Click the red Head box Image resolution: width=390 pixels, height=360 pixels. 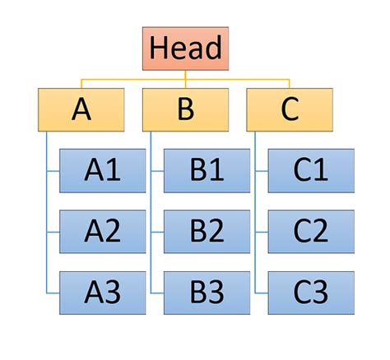pos(185,48)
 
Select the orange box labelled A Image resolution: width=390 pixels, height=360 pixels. pos(81,109)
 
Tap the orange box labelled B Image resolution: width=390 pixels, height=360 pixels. pos(185,109)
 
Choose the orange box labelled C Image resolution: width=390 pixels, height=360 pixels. pos(290,109)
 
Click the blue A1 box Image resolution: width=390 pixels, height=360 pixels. pos(102,170)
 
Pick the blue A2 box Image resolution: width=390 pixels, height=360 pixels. pos(102,231)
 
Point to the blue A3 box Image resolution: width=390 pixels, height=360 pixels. pos(102,292)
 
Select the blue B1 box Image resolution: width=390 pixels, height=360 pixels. pos(207,170)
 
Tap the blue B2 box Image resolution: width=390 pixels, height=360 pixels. pos(207,231)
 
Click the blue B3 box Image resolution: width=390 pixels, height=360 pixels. pos(207,292)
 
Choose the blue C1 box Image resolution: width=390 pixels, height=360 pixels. pos(311,170)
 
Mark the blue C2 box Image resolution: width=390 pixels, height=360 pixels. pos(311,231)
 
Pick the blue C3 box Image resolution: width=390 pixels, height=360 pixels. pos(311,292)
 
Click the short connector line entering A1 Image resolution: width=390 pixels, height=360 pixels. pos(53,170)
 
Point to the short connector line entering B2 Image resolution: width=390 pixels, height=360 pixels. pos(157,231)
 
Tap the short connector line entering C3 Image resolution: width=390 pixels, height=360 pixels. pos(262,292)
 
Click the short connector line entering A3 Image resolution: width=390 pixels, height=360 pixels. pos(53,292)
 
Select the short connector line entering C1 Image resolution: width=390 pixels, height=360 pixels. pos(262,170)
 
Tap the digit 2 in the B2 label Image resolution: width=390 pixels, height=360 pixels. pos(216,231)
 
